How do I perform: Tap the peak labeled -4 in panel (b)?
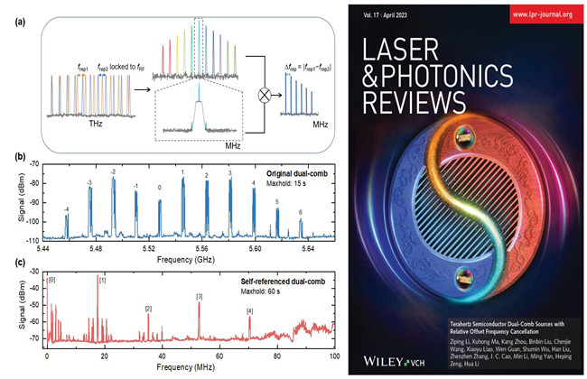[x=67, y=225]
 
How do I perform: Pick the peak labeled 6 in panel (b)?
[x=300, y=224]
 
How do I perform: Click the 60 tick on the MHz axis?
[x=219, y=361]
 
